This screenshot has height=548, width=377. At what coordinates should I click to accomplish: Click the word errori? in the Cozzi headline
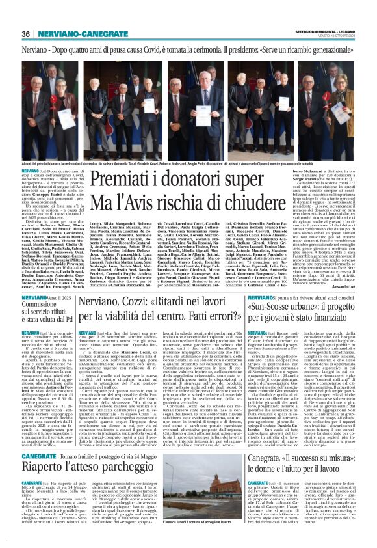tap(215, 317)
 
